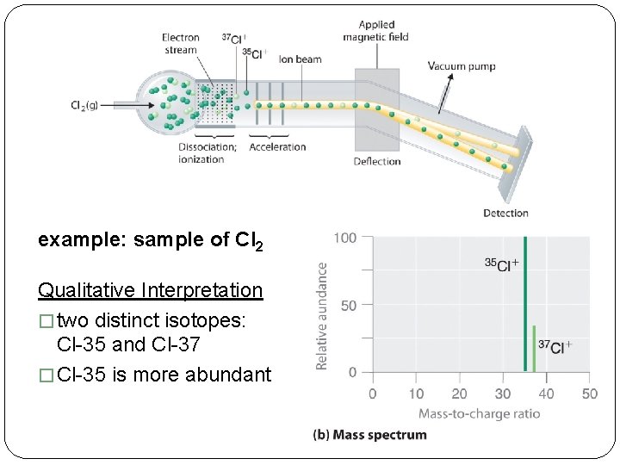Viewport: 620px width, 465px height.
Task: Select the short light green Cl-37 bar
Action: (x=534, y=349)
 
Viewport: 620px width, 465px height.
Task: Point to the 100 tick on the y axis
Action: (x=345, y=238)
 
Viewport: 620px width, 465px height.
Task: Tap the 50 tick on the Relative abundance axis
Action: (x=349, y=305)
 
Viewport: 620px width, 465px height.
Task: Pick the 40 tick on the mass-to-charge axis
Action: (x=546, y=394)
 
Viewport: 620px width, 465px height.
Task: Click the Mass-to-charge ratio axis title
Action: (x=480, y=413)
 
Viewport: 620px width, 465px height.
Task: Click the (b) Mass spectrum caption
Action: (x=369, y=435)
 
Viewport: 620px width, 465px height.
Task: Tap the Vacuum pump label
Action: (x=462, y=66)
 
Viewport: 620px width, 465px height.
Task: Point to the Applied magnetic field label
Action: (x=375, y=31)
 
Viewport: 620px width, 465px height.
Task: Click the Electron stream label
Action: (x=180, y=43)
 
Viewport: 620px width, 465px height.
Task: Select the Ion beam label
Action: (x=300, y=59)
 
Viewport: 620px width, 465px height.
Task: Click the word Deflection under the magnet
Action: (x=377, y=161)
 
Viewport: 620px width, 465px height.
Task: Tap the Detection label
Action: (x=505, y=213)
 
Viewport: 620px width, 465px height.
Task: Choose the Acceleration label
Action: (x=277, y=147)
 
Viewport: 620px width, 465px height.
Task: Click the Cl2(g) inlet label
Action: (x=84, y=105)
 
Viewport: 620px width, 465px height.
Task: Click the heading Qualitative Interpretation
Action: (x=151, y=290)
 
